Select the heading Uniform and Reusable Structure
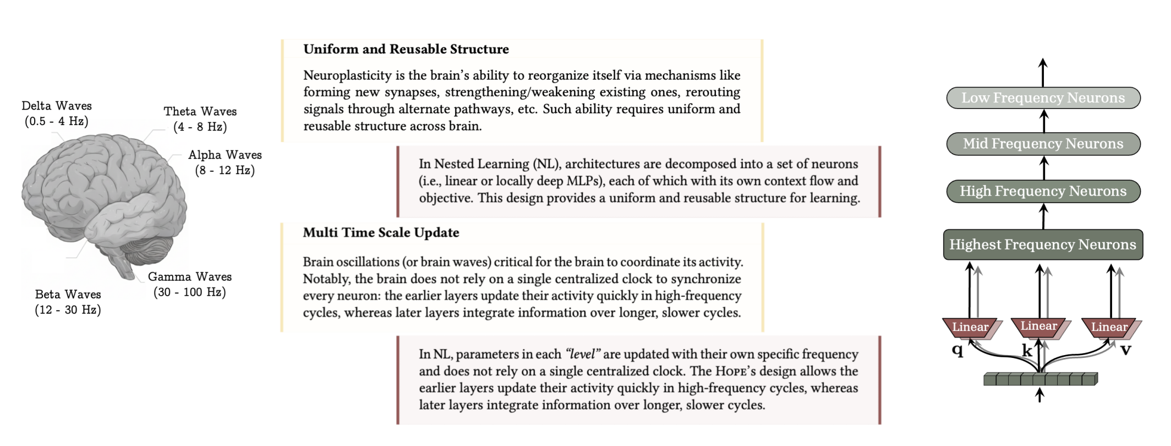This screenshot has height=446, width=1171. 406,50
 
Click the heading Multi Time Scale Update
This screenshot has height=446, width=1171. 381,233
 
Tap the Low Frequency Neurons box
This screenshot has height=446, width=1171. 1043,98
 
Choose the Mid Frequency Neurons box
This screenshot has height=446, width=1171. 1043,144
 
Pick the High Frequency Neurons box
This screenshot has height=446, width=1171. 1043,191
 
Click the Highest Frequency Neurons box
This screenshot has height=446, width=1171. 1043,244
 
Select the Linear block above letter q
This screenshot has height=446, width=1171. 970,327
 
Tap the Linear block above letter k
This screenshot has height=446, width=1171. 1038,326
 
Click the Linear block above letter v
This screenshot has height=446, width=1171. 1109,327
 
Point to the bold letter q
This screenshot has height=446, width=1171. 957,350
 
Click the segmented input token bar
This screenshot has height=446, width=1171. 1040,379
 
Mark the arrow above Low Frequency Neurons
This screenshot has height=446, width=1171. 1043,72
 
